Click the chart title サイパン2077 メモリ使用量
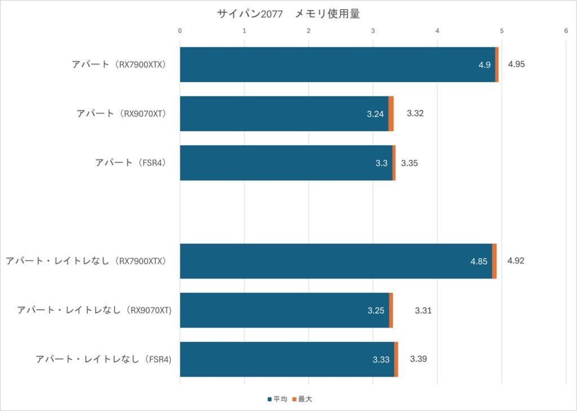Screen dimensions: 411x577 (288, 14)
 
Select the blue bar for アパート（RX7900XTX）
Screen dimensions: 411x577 (337, 65)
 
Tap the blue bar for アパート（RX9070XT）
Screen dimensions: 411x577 (284, 114)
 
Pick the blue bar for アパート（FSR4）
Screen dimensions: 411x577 (286, 163)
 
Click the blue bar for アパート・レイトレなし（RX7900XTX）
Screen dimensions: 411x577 (336, 261)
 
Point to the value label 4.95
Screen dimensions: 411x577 (516, 64)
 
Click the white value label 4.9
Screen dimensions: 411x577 (485, 65)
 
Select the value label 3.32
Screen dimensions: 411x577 (415, 113)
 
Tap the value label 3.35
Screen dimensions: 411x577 (409, 163)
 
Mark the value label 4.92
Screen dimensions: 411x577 (516, 261)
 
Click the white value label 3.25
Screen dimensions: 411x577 (376, 311)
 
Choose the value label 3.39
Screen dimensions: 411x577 (419, 359)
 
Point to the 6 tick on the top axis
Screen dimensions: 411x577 (566, 31)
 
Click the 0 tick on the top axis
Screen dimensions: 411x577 (180, 31)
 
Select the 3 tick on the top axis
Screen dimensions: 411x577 (373, 31)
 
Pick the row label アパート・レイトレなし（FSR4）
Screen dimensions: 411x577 (103, 359)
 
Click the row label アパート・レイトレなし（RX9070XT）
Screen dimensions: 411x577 (94, 310)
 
